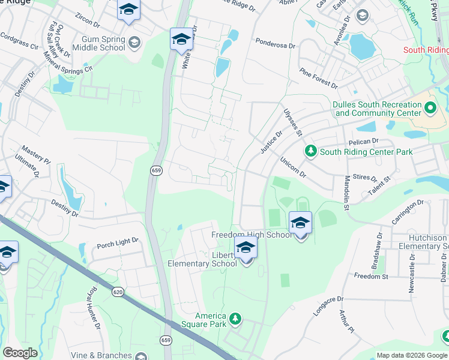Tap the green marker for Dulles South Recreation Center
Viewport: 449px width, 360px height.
point(430,109)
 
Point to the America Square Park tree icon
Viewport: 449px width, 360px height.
point(235,318)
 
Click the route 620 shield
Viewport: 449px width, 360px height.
point(118,292)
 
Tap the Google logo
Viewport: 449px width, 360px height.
point(20,353)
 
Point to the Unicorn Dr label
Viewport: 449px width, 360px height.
point(293,167)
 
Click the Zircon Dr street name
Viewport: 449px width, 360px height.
point(88,21)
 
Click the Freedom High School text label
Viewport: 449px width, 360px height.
point(252,235)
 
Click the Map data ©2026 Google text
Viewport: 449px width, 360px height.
point(411,355)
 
